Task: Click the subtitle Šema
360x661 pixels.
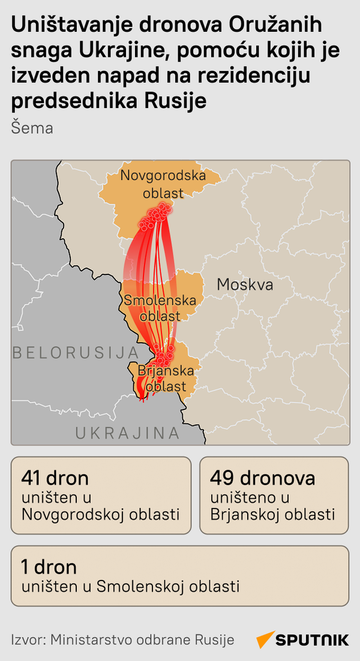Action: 32,128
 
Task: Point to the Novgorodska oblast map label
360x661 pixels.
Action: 163,184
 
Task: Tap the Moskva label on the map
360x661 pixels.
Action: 245,284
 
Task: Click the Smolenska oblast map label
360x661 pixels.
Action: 160,307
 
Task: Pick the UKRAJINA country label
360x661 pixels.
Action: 127,433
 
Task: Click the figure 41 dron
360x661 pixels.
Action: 55,478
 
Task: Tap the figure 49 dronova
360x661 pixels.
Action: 262,478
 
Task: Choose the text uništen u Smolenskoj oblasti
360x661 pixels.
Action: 130,586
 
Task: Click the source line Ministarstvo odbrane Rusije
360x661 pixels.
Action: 142,640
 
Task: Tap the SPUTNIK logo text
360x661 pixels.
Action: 312,640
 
